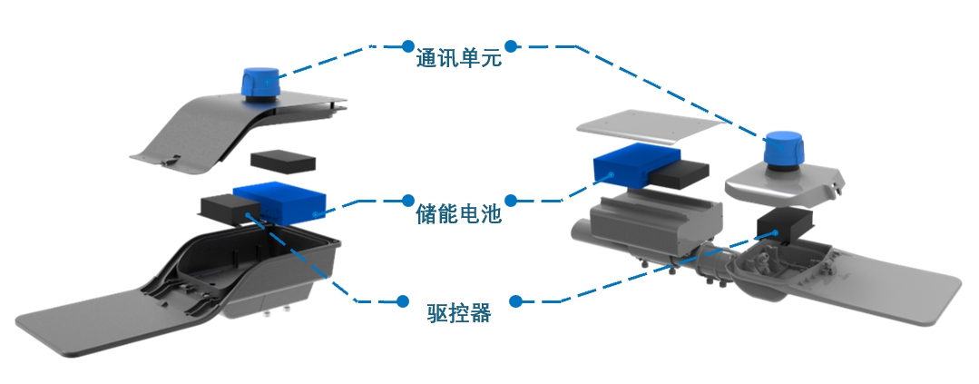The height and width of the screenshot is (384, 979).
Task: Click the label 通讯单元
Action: [x=457, y=60]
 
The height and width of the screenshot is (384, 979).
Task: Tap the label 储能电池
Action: [x=456, y=215]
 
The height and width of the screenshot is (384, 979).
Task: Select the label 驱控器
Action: [x=458, y=313]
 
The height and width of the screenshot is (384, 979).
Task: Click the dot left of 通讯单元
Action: [x=404, y=44]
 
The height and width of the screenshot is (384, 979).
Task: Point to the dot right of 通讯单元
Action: [x=511, y=44]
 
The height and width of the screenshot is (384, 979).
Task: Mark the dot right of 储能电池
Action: [x=511, y=200]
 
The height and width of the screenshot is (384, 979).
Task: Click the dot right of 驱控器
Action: [x=514, y=299]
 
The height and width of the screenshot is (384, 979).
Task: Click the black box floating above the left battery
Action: [x=283, y=162]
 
